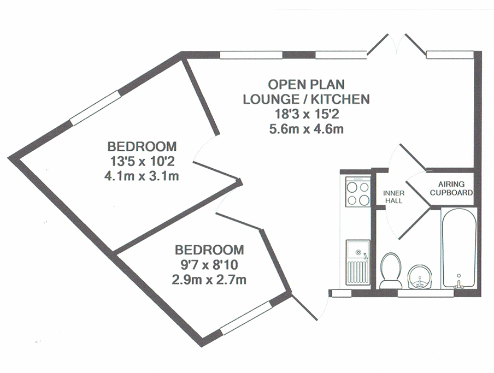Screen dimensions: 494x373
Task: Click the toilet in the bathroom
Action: click(x=391, y=271)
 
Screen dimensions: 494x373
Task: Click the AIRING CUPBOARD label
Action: click(x=451, y=188)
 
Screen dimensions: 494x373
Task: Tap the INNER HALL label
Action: click(x=394, y=197)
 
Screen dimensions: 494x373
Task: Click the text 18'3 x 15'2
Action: click(x=307, y=114)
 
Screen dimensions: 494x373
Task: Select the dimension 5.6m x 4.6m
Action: click(x=306, y=129)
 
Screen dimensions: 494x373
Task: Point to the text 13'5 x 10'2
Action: click(x=142, y=162)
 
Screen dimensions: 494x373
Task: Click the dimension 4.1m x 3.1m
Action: click(x=142, y=176)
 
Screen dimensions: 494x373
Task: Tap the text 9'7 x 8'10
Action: click(x=209, y=265)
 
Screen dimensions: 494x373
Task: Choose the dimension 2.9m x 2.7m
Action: click(x=209, y=280)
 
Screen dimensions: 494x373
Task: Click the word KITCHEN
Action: click(x=340, y=99)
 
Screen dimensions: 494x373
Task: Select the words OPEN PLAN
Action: click(x=306, y=84)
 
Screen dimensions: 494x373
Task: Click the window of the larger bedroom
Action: click(x=95, y=108)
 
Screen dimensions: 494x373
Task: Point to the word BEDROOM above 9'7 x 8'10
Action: click(x=209, y=250)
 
